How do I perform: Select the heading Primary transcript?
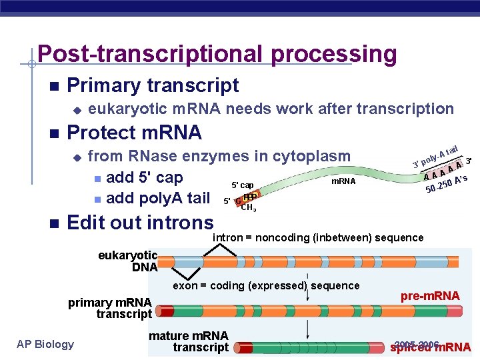coord(153,85)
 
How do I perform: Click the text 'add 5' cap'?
coord(144,177)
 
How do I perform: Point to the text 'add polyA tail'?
coord(158,199)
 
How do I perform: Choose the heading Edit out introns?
coord(141,222)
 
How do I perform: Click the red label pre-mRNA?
coord(429,295)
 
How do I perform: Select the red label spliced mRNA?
coord(430,347)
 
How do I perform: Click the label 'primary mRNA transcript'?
coord(110,307)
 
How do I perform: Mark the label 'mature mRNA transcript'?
coord(188,341)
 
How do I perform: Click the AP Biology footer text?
coord(45,344)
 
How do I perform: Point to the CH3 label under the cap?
coord(248,208)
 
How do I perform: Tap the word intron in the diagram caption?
coord(227,238)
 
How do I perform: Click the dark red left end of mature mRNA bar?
coord(245,347)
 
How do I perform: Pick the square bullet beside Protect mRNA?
coord(54,133)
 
